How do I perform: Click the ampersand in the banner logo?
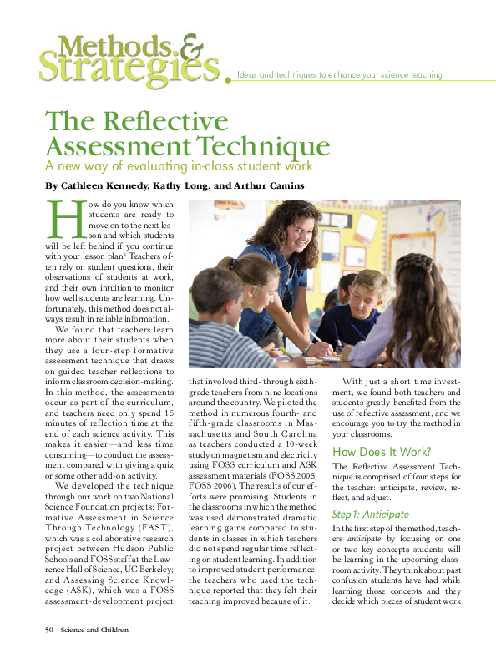click(190, 45)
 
